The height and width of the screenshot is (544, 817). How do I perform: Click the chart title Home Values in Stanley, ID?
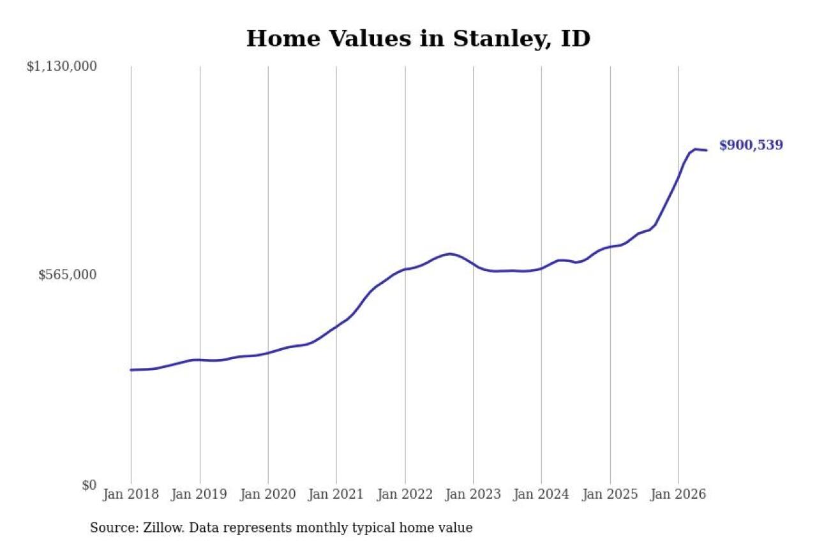click(418, 39)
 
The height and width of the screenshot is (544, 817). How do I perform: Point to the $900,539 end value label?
click(751, 145)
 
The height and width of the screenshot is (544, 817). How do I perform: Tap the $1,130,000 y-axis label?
click(62, 67)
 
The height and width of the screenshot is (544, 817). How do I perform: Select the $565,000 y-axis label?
click(68, 275)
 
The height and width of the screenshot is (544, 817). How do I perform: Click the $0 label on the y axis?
click(89, 485)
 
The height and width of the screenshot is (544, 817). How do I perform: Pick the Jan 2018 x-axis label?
click(131, 494)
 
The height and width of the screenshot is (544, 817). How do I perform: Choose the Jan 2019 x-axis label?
click(199, 494)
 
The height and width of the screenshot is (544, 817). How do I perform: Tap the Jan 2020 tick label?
click(267, 494)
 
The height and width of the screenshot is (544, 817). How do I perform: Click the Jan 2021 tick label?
click(336, 494)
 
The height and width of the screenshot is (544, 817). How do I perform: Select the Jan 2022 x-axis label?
click(405, 494)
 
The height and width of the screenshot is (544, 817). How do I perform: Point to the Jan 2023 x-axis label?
click(473, 494)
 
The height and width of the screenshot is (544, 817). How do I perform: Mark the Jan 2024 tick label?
click(541, 494)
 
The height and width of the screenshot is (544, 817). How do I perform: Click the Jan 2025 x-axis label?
click(610, 494)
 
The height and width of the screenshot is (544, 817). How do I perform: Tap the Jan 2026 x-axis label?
click(678, 494)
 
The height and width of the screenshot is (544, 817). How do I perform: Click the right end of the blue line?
click(707, 150)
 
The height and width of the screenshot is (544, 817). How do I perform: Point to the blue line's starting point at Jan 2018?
click(131, 370)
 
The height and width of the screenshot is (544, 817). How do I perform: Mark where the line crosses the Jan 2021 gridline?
click(336, 326)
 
